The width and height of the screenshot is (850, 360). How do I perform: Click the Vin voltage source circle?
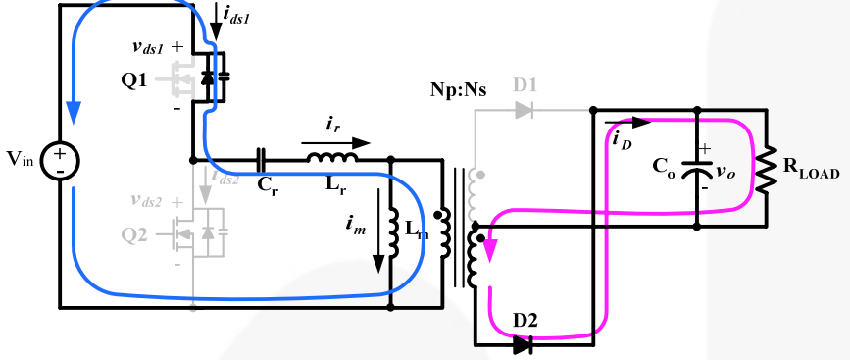[x=59, y=160]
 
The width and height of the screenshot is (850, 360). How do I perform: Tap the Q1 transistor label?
[x=134, y=79]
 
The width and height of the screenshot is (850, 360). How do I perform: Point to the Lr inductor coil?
[x=332, y=159]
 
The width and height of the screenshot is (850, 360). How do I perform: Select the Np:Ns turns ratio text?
[x=458, y=87]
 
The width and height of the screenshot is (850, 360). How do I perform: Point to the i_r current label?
[x=333, y=125]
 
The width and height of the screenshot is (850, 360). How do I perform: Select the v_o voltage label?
[x=725, y=170]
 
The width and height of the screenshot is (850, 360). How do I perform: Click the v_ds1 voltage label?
[x=155, y=46]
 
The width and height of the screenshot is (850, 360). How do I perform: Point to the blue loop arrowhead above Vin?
[x=72, y=114]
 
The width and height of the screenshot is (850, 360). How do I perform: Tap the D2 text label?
[x=524, y=322]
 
